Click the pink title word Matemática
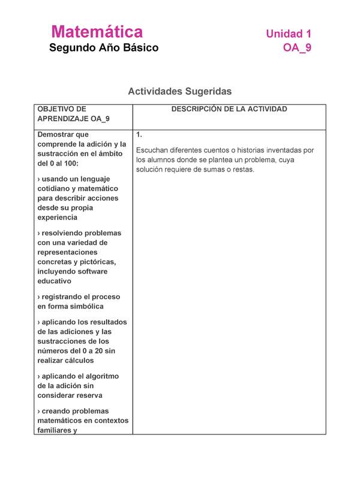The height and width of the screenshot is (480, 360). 97,32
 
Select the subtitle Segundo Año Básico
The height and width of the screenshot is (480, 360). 104,48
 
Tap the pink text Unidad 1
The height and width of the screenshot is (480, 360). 289,34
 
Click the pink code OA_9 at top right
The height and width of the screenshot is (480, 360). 297,49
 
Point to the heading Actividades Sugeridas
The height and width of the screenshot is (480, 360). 179,91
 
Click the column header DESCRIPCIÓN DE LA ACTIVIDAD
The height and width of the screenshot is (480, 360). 229,109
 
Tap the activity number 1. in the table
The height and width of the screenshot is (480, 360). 139,135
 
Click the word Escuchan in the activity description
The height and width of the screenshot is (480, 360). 154,150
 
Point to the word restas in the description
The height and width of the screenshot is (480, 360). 243,169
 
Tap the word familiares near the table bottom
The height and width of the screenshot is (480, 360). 57,430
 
